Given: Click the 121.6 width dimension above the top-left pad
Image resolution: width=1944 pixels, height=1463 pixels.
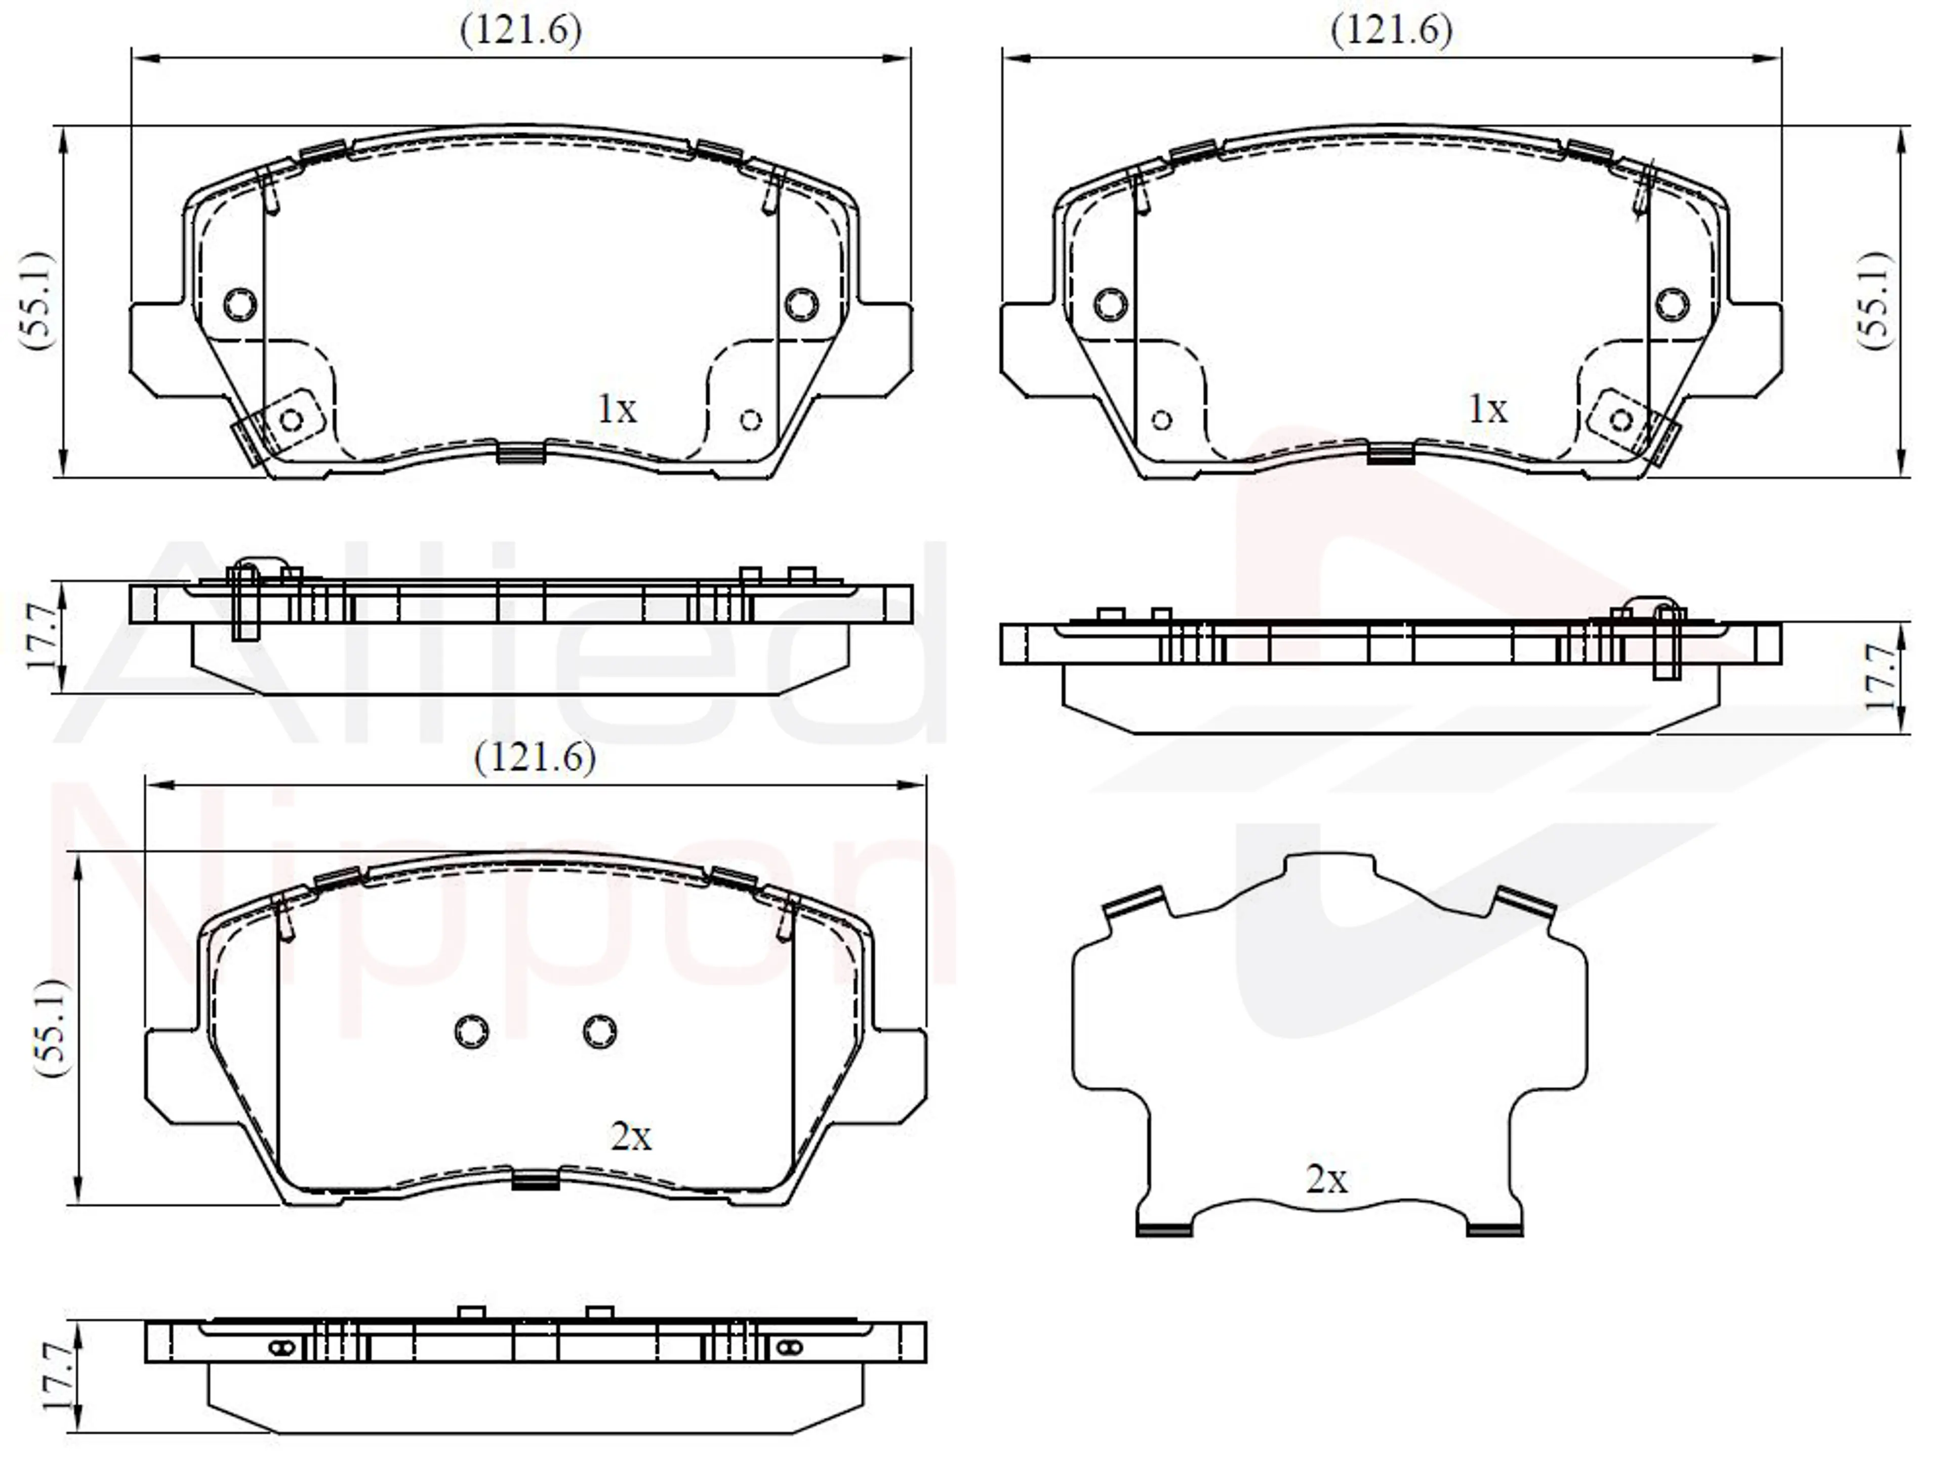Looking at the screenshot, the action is coord(521,31).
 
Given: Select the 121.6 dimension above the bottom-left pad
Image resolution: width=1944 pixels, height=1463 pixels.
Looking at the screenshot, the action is coord(535,757).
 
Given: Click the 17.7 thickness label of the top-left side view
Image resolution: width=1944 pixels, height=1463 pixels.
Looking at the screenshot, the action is coord(42,636).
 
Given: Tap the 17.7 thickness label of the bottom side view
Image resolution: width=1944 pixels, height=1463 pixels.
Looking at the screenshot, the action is coord(58,1376).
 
